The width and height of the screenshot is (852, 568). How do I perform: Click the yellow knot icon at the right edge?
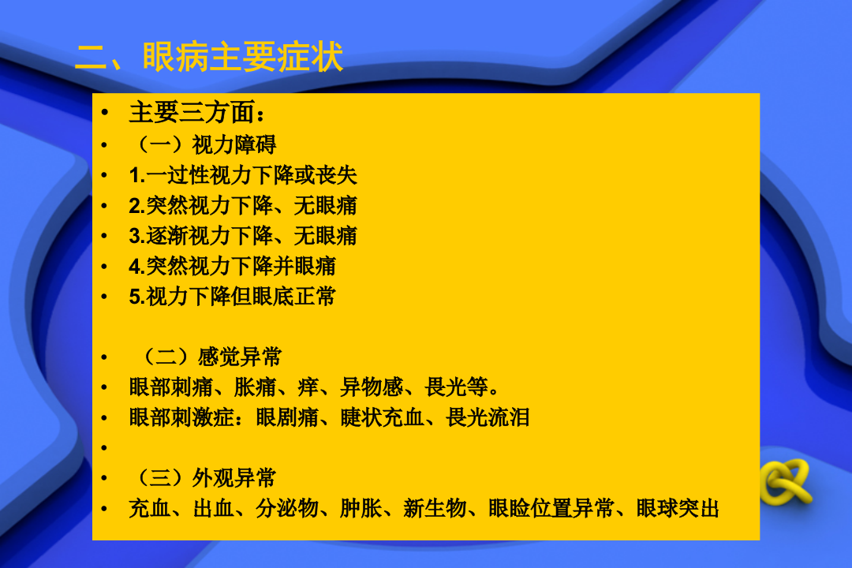click(785, 482)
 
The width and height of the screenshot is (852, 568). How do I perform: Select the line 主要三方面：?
click(192, 113)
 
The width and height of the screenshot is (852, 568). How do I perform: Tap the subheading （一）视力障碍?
click(203, 144)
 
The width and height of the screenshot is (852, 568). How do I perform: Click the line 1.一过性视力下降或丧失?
click(243, 175)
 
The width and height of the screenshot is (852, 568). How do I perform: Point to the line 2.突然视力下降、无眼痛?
click(243, 206)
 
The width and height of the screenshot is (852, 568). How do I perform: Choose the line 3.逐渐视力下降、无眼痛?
click(243, 236)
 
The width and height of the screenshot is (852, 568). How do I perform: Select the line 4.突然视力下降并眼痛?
click(233, 266)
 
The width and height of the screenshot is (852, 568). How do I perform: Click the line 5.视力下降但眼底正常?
click(233, 297)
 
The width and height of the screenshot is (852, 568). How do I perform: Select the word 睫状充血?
click(382, 417)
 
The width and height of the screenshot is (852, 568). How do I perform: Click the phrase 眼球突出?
click(678, 509)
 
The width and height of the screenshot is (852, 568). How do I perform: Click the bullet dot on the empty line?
click(103, 448)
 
